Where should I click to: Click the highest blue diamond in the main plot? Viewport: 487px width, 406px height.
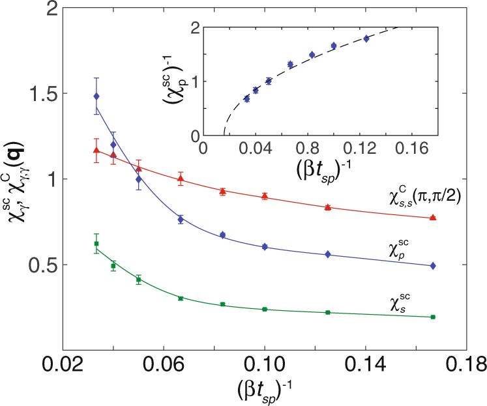pos(96,96)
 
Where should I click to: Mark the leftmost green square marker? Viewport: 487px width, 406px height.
pos(96,244)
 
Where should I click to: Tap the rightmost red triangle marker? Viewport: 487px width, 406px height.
pos(434,217)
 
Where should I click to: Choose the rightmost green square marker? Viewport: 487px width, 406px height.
pos(434,317)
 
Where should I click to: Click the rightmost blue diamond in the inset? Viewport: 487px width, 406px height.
pos(366,38)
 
